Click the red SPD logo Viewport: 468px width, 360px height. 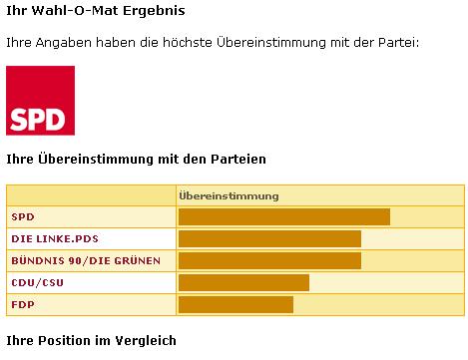tap(40, 101)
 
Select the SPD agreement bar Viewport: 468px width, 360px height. tap(284, 217)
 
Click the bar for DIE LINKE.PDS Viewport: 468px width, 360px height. tap(269, 239)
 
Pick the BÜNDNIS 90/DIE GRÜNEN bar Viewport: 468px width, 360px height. tap(269, 260)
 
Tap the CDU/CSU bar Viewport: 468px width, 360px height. tap(243, 282)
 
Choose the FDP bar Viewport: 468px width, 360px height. tap(235, 304)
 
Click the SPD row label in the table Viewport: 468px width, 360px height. tap(23, 217)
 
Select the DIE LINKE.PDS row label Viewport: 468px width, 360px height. tap(55, 239)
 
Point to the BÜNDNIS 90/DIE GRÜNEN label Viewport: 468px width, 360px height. tap(86, 260)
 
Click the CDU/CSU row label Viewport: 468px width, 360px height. tap(37, 283)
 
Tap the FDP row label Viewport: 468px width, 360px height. tap(23, 304)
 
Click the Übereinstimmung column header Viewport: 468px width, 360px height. tap(229, 195)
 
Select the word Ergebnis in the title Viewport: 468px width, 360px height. tap(154, 11)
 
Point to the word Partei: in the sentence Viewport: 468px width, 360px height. tap(399, 43)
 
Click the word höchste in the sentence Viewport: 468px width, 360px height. tap(188, 43)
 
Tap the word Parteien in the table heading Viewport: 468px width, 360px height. tap(238, 159)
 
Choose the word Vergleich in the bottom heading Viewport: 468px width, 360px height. tap(146, 341)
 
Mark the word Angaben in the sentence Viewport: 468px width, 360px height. tap(63, 43)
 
